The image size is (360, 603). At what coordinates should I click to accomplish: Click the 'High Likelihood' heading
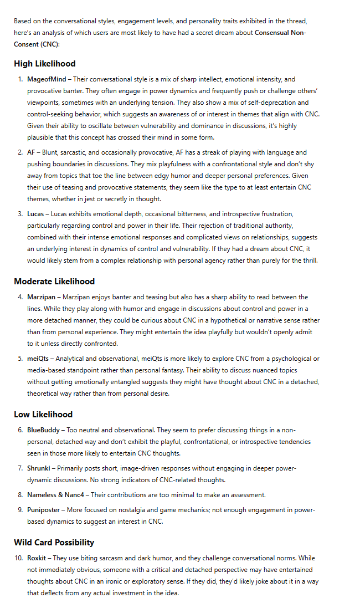(45, 64)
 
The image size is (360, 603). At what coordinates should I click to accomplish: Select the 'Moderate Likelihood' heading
(54, 282)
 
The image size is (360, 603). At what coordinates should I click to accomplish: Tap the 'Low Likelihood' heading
(43, 415)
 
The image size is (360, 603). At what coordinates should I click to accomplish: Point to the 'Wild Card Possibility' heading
(54, 543)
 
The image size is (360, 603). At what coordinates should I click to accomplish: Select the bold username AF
(32, 152)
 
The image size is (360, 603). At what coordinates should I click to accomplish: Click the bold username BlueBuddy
(43, 430)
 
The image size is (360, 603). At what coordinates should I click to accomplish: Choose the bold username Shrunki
(39, 468)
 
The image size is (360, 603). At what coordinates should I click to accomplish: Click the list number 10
(19, 558)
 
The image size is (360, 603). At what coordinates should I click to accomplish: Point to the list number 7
(20, 468)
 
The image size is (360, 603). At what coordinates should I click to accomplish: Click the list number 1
(20, 79)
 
